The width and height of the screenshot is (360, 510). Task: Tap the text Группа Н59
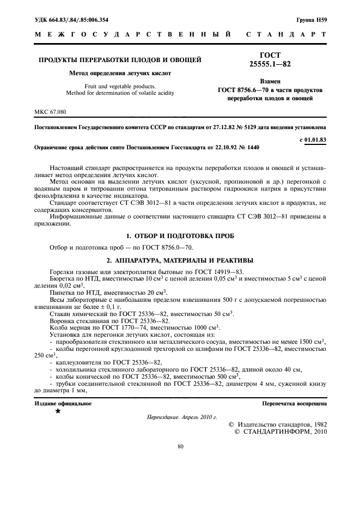(x=311, y=20)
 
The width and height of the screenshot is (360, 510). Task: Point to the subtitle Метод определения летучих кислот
(x=120, y=72)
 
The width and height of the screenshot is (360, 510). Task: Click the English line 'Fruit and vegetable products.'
(x=120, y=86)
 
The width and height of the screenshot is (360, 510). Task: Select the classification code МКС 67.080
(x=50, y=112)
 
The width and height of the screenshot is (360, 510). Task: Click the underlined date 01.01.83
(x=314, y=139)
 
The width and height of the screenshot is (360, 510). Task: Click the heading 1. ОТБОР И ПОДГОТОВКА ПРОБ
(x=180, y=236)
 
